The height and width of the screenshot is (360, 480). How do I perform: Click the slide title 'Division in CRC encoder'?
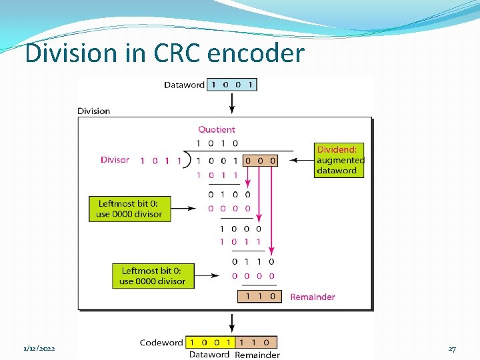click(164, 53)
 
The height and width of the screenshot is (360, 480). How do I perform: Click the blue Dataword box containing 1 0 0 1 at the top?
click(232, 85)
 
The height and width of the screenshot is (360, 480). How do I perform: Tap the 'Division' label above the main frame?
click(94, 111)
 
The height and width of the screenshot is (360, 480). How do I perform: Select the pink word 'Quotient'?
click(217, 129)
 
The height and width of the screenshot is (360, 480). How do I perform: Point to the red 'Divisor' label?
click(115, 160)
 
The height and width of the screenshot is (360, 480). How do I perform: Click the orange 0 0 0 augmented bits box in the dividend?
click(260, 161)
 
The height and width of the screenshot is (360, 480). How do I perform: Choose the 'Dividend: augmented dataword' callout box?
click(340, 160)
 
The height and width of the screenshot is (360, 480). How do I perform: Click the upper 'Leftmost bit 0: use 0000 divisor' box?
click(129, 209)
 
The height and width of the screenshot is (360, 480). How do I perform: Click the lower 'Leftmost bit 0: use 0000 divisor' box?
click(153, 276)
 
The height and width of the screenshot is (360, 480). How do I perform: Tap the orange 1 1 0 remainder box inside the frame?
click(259, 297)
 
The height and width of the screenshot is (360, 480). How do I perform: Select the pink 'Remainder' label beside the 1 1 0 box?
click(313, 297)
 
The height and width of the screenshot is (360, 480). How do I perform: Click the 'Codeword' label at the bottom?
click(161, 343)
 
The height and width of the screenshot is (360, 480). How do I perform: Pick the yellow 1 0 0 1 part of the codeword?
click(209, 342)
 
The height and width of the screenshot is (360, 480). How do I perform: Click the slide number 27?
click(452, 349)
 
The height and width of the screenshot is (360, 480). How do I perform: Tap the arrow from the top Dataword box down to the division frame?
click(232, 103)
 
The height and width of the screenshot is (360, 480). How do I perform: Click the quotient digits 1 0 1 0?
click(217, 143)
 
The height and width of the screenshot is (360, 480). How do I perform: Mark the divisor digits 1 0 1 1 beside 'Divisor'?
click(160, 161)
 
